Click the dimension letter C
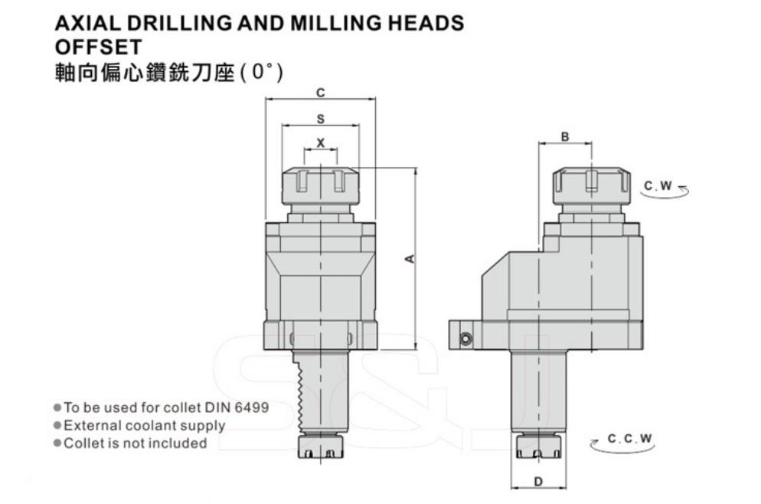(x=320, y=92)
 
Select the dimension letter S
(x=320, y=119)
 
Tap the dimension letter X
(x=320, y=143)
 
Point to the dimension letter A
(x=410, y=259)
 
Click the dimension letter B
(x=565, y=137)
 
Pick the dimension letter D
(x=538, y=482)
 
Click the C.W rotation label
(x=658, y=186)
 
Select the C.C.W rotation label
(x=630, y=438)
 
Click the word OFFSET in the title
(x=99, y=47)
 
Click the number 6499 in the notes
(x=251, y=407)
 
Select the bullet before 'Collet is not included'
(x=57, y=443)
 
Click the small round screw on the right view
(x=466, y=339)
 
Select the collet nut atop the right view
(x=592, y=187)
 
